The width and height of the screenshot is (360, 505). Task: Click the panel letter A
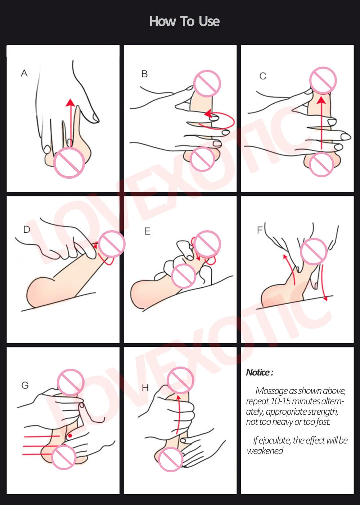pos(24,73)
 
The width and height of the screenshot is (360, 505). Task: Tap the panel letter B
pos(144,74)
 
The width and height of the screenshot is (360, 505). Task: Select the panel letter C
pos(263,76)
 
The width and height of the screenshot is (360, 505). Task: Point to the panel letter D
pos(27,229)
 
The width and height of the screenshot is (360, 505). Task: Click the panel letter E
pos(147,231)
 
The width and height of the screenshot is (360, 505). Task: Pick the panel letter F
pos(260,230)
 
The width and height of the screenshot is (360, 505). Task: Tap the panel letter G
pos(25,385)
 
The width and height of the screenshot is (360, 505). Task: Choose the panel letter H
pos(145,388)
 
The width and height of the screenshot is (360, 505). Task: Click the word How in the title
pos(163,22)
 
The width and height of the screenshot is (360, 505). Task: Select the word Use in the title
pos(209,22)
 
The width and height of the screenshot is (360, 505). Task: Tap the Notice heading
pos(260,372)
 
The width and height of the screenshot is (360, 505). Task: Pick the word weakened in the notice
pos(265,451)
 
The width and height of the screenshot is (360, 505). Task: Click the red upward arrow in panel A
pos(71,123)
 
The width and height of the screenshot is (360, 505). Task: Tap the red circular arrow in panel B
pos(219,120)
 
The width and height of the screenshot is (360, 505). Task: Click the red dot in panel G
pos(70,436)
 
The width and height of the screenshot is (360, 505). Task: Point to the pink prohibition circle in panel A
pos(69,163)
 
